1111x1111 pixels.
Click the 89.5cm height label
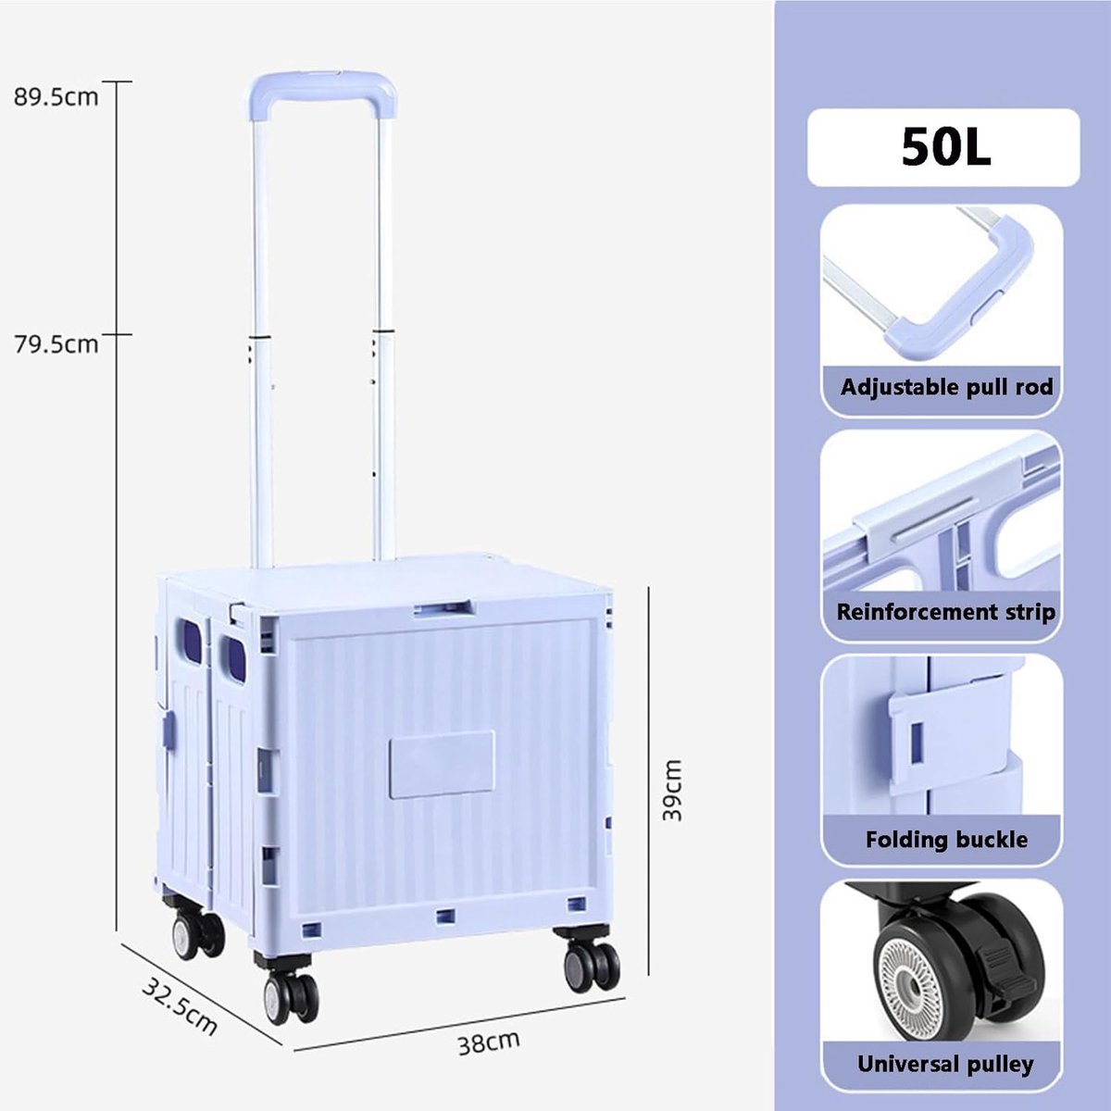(56, 97)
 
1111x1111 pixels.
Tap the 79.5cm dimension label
(56, 344)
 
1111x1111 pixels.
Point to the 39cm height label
(672, 791)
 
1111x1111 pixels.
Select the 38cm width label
(489, 1042)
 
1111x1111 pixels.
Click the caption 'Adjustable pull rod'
(947, 387)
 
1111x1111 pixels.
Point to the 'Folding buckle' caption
(946, 840)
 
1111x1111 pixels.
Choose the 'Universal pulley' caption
(945, 1064)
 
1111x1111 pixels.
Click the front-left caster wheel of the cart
(291, 999)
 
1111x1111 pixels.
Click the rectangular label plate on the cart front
(442, 764)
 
